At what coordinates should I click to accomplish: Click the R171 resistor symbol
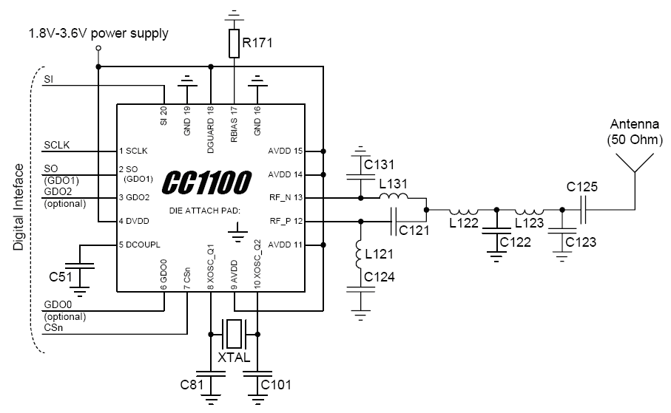tap(234, 43)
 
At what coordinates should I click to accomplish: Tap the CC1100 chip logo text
tap(206, 182)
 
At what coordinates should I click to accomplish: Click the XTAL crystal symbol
tap(234, 334)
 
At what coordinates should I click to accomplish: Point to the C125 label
tap(581, 187)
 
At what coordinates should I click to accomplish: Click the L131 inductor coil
tap(394, 197)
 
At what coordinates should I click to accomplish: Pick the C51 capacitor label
tap(61, 277)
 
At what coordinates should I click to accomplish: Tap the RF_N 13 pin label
tap(286, 197)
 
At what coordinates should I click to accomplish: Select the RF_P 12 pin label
tap(286, 221)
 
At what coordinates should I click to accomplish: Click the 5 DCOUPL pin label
tap(140, 245)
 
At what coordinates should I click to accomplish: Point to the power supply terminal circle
tap(98, 48)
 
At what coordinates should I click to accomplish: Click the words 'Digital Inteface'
tap(18, 207)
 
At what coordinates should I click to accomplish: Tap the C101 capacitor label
tap(276, 385)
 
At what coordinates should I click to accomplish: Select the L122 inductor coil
tap(463, 211)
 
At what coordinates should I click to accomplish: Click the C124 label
tap(380, 277)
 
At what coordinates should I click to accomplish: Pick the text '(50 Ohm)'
tap(635, 140)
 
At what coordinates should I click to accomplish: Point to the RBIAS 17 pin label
tap(234, 124)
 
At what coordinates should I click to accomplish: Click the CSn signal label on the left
tap(53, 328)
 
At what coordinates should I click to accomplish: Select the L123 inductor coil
tap(530, 211)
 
